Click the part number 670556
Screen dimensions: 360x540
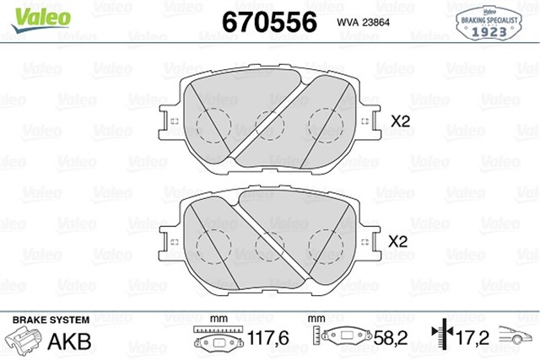267,21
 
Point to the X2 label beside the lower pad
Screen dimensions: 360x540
397,241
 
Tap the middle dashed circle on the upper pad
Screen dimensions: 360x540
270,126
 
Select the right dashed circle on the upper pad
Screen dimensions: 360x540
325,124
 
